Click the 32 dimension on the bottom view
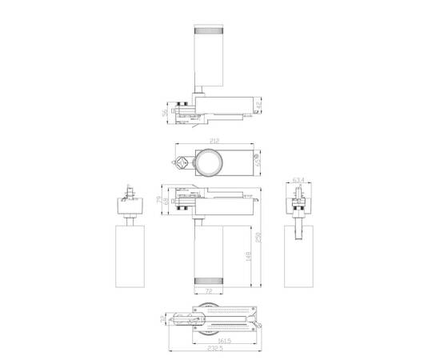click(164, 320)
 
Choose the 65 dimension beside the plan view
click(259, 163)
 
